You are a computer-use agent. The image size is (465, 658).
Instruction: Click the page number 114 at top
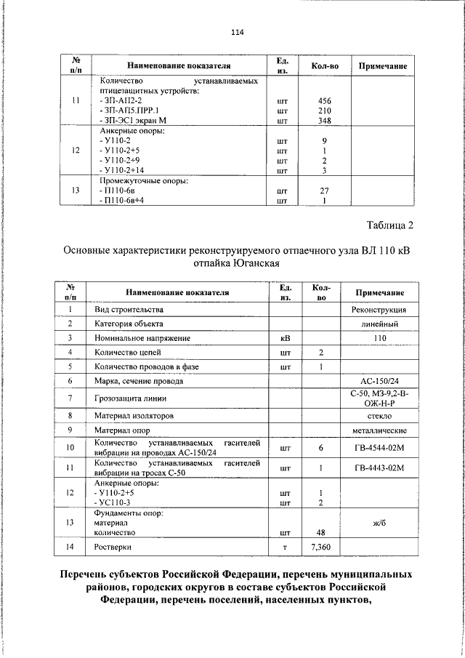coord(237,32)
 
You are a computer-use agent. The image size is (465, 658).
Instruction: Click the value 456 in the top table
coord(325,100)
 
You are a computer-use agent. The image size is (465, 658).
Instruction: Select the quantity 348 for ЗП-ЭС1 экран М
coord(325,121)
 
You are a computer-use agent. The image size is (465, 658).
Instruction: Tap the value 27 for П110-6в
coord(325,190)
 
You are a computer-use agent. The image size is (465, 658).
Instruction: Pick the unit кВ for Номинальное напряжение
coord(285,338)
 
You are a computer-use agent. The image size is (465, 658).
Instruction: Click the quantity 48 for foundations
coord(320,532)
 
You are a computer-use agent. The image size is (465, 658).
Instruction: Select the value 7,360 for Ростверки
coord(320,547)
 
